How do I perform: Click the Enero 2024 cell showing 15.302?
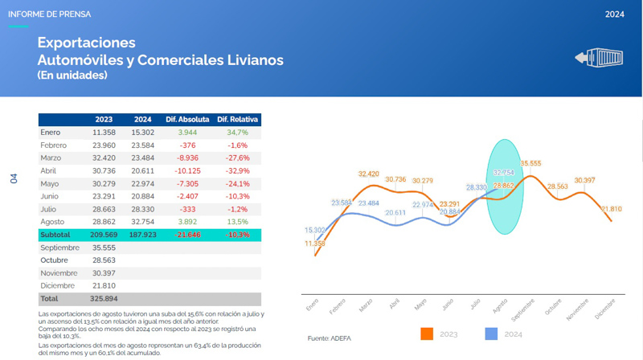pos(143,132)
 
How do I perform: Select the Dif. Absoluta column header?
pos(187,119)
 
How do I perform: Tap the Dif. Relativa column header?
pos(238,119)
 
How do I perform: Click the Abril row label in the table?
pos(49,170)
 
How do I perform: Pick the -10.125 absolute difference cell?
pos(187,170)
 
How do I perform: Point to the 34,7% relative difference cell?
pos(238,132)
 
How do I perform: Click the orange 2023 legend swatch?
pos(427,333)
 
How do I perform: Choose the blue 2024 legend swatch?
pos(492,333)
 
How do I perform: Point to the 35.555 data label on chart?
pos(530,163)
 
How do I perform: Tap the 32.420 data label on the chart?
pos(368,174)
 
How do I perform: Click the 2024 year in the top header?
pos(615,14)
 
